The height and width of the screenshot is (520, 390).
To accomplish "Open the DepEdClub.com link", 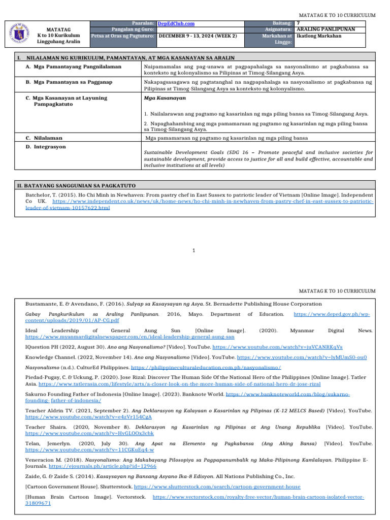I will tap(176, 23).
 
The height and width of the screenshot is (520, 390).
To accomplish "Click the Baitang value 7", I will tap(298, 23).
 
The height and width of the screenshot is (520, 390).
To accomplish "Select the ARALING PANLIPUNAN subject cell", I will tap(325, 29).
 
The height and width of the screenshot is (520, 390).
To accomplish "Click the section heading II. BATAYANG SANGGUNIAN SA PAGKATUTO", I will tap(76, 185).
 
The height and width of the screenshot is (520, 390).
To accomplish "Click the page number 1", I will tap(194, 250).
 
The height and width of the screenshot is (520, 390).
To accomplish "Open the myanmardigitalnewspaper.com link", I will tap(129, 337).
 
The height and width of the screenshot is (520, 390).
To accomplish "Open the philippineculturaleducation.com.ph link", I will tap(206, 367).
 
